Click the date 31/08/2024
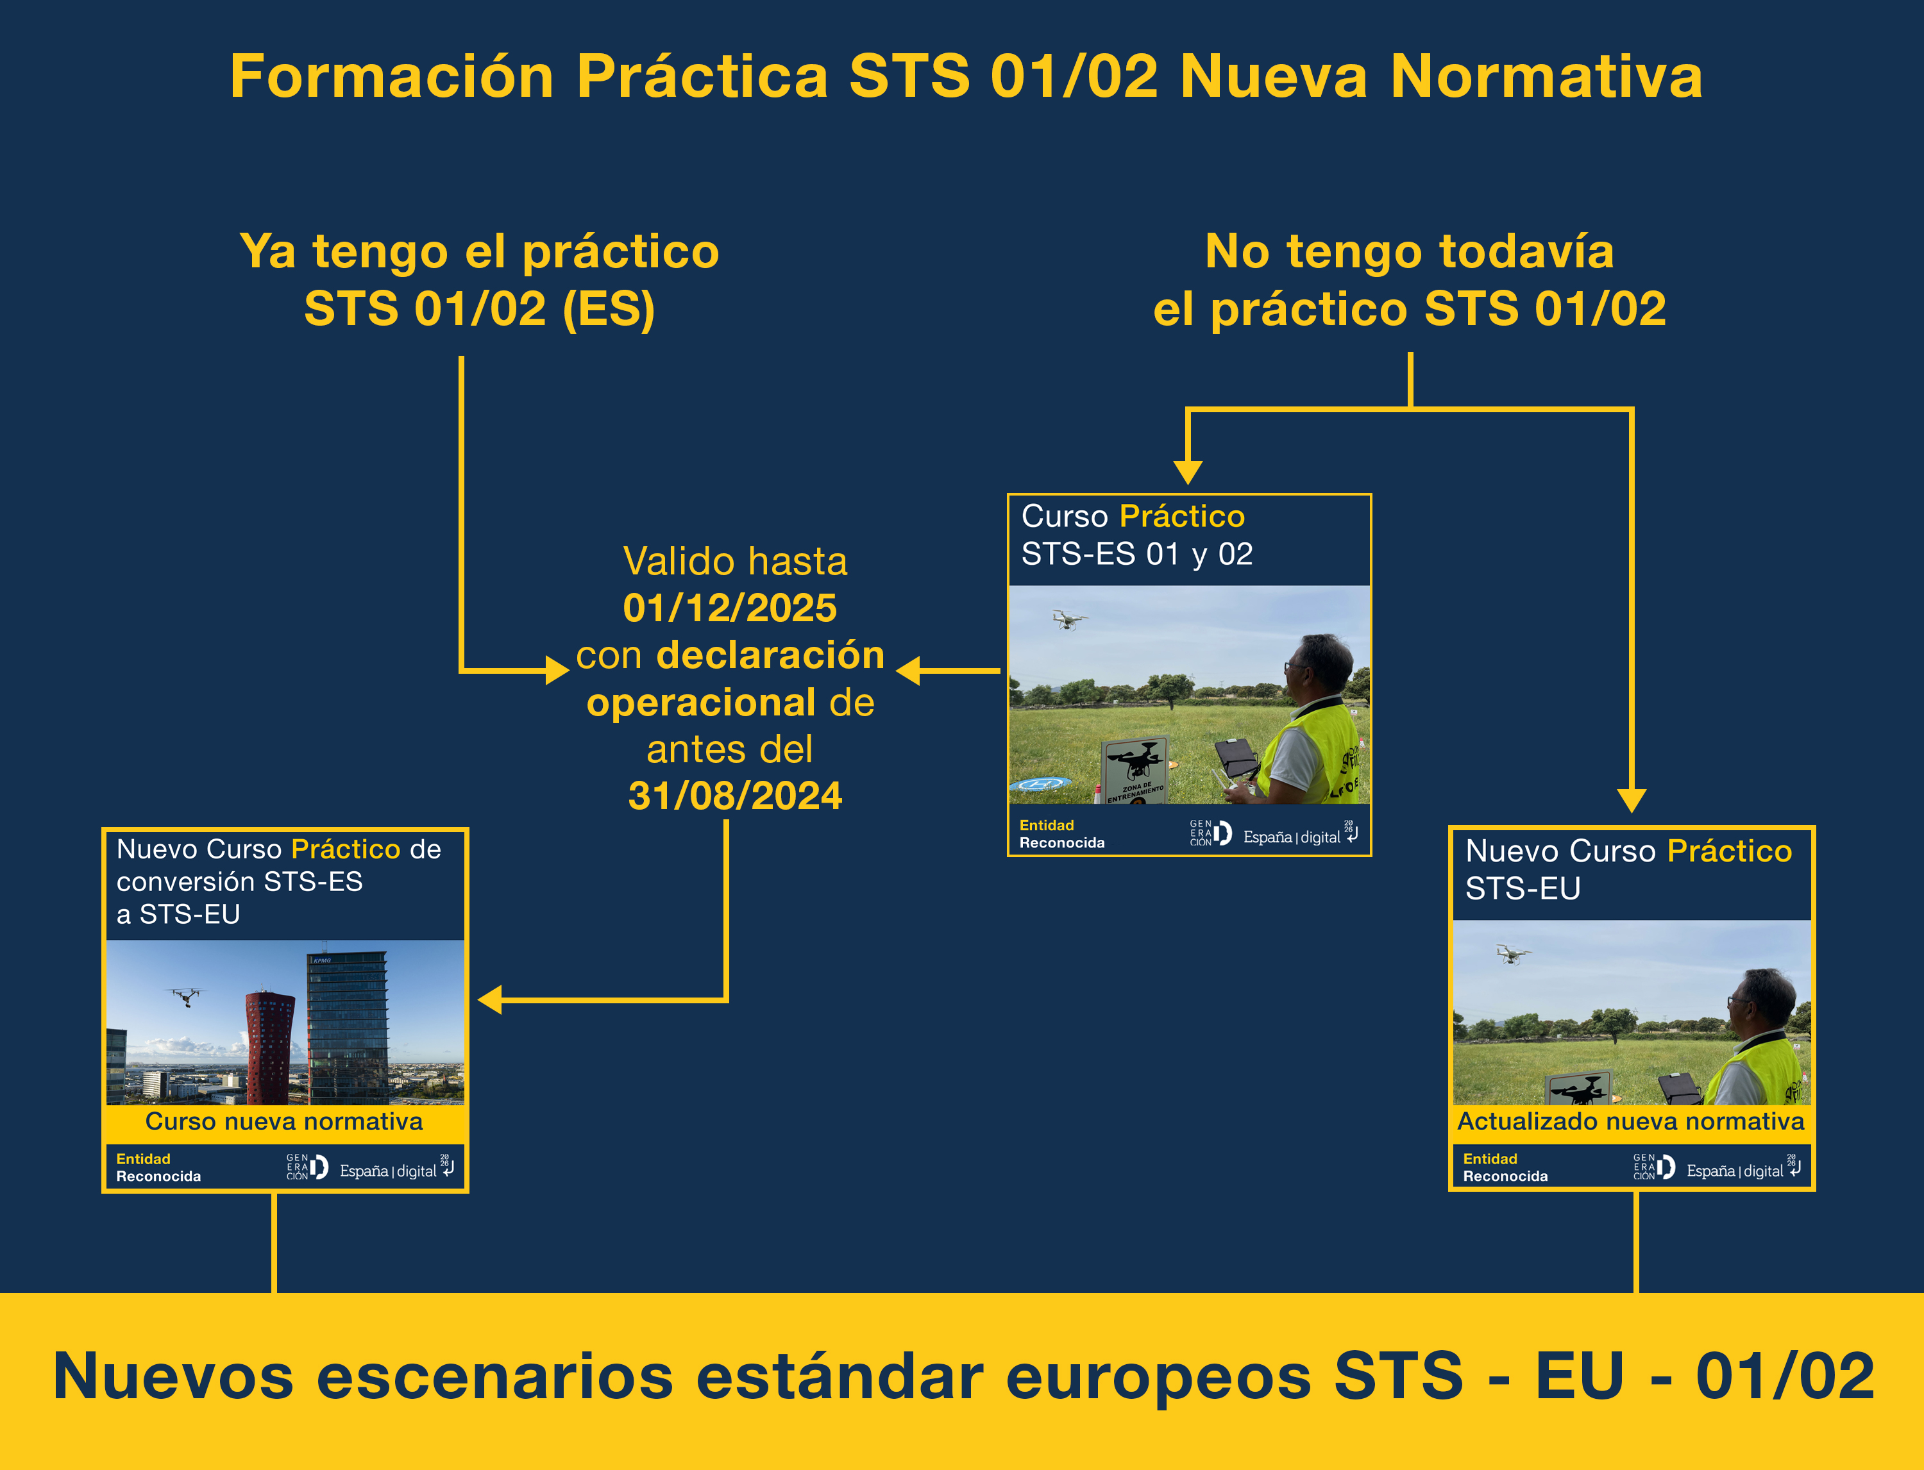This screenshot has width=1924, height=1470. (735, 796)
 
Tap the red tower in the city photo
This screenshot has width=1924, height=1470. (271, 1048)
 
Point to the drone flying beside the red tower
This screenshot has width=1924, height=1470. (185, 997)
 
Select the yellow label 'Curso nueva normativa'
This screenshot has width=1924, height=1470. (285, 1122)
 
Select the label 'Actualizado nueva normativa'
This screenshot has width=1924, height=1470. (1631, 1122)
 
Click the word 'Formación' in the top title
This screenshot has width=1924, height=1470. (391, 76)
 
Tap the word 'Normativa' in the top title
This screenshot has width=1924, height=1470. (1547, 76)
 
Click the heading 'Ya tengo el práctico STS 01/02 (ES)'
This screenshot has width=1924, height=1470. (480, 280)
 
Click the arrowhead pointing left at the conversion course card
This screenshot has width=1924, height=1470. (490, 999)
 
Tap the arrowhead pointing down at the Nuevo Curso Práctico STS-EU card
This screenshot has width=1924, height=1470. (1632, 800)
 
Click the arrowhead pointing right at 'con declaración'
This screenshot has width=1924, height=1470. (557, 670)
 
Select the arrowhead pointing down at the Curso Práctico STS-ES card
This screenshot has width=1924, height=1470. (1188, 472)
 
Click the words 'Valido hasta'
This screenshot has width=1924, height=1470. (735, 562)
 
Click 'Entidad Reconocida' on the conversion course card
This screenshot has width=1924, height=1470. (158, 1167)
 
